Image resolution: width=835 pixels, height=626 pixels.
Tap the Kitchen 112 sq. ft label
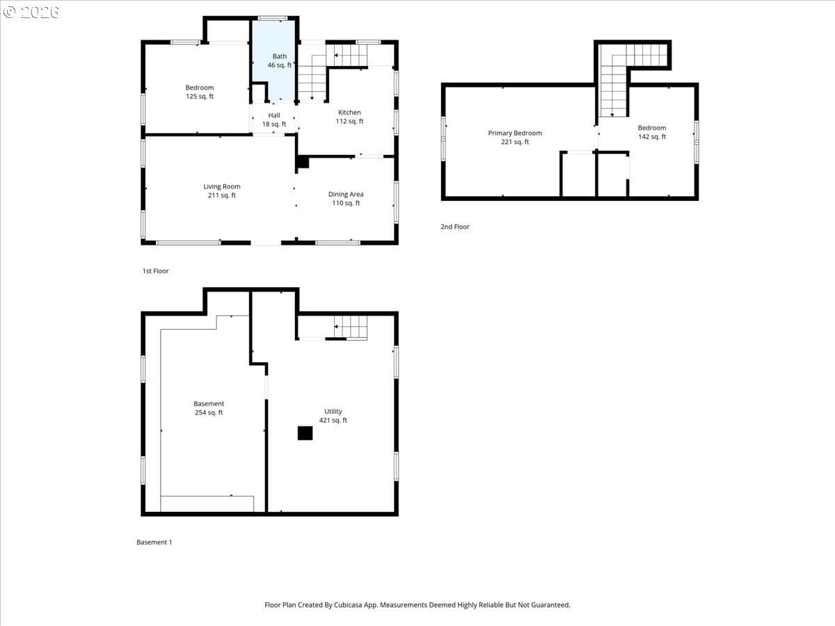pyautogui.click(x=349, y=117)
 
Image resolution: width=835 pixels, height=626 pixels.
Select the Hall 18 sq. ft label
pyautogui.click(x=274, y=120)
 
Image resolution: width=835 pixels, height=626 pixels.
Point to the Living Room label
pyautogui.click(x=222, y=191)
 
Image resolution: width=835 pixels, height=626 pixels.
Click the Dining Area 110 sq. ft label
pyautogui.click(x=346, y=198)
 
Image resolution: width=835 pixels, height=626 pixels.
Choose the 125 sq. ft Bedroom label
pyautogui.click(x=199, y=92)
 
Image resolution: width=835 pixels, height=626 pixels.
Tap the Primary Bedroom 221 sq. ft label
pyautogui.click(x=515, y=137)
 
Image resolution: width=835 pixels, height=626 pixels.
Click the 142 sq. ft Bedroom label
pyautogui.click(x=651, y=132)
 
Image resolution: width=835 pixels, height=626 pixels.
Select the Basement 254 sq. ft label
pyautogui.click(x=209, y=408)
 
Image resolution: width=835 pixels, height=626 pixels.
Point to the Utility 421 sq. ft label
pyautogui.click(x=333, y=415)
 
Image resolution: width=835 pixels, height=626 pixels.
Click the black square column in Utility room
pyautogui.click(x=305, y=433)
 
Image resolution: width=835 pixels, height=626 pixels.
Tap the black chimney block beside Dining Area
pyautogui.click(x=303, y=161)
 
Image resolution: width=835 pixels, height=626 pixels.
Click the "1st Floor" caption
pyautogui.click(x=155, y=271)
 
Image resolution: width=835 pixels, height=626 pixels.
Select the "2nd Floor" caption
pyautogui.click(x=454, y=227)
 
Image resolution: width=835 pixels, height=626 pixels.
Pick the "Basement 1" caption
pyautogui.click(x=154, y=542)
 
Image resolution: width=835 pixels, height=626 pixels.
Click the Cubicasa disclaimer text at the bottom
pyautogui.click(x=417, y=604)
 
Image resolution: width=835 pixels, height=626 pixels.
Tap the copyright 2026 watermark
pyautogui.click(x=31, y=13)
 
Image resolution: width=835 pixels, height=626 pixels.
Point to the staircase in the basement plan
pyautogui.click(x=351, y=326)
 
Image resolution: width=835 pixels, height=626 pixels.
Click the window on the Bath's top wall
pyautogui.click(x=272, y=18)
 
